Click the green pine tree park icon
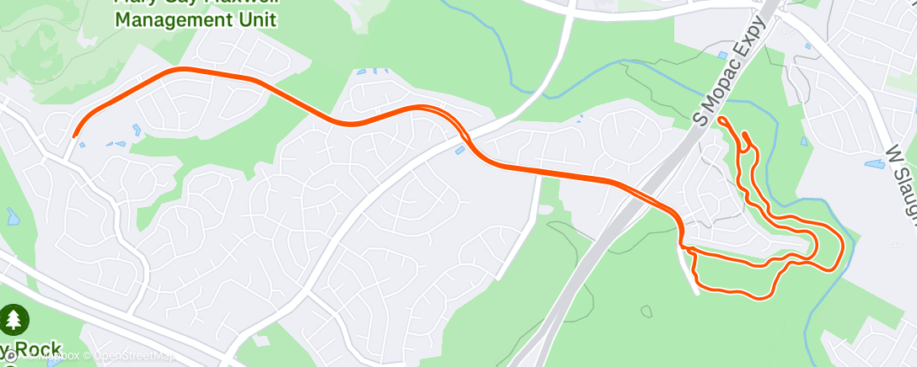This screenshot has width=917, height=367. [x=14, y=319]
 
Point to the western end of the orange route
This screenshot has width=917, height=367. [x=76, y=134]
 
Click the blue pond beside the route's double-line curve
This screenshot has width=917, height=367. [x=459, y=151]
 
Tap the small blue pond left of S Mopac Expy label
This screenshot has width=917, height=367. [x=722, y=56]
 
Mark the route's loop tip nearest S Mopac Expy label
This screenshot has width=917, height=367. [x=722, y=120]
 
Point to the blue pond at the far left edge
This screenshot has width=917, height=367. [x=11, y=216]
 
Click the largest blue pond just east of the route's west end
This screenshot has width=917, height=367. [x=137, y=130]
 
